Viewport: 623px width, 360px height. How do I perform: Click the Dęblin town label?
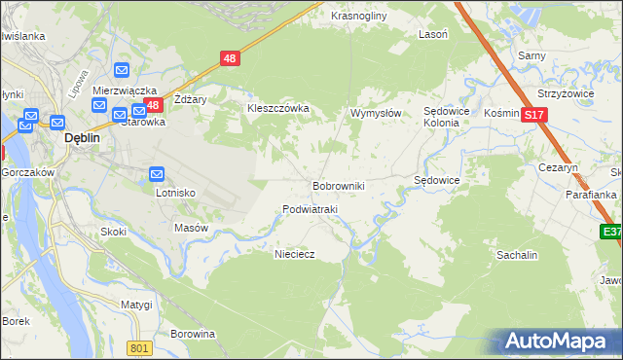tap(84, 138)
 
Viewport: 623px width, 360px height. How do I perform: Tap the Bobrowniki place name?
tap(338, 185)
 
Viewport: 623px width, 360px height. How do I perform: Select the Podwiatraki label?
tap(310, 209)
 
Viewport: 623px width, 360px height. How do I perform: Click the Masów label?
tap(192, 228)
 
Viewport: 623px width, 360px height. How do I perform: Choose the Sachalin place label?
tap(518, 254)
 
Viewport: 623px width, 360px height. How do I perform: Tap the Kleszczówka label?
tap(278, 108)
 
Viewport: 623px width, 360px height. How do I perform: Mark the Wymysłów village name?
tap(376, 113)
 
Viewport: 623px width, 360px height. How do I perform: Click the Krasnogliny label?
tap(359, 17)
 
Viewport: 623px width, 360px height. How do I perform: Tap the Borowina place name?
tap(193, 334)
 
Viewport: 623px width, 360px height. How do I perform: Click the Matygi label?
tap(136, 305)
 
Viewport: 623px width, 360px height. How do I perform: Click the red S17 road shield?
tap(532, 115)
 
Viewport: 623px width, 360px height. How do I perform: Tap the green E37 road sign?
tap(610, 232)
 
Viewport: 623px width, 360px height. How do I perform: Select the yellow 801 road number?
tap(140, 348)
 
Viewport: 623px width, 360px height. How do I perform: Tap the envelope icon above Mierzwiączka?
tap(122, 70)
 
